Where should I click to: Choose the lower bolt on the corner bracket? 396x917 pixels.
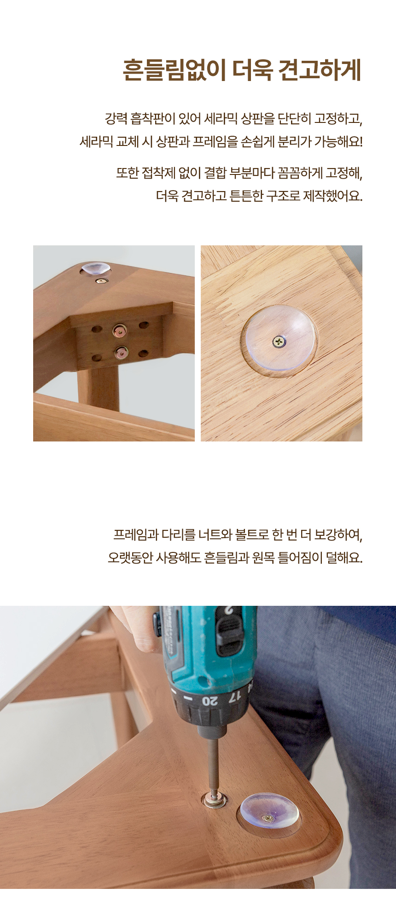(x=122, y=353)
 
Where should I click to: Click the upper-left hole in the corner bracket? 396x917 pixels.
(x=97, y=329)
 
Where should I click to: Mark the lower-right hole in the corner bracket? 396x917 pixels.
(x=144, y=354)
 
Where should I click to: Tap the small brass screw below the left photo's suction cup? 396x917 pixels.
(x=101, y=281)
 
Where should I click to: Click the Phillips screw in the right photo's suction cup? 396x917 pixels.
(x=279, y=342)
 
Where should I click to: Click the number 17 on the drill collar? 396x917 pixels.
(x=234, y=696)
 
